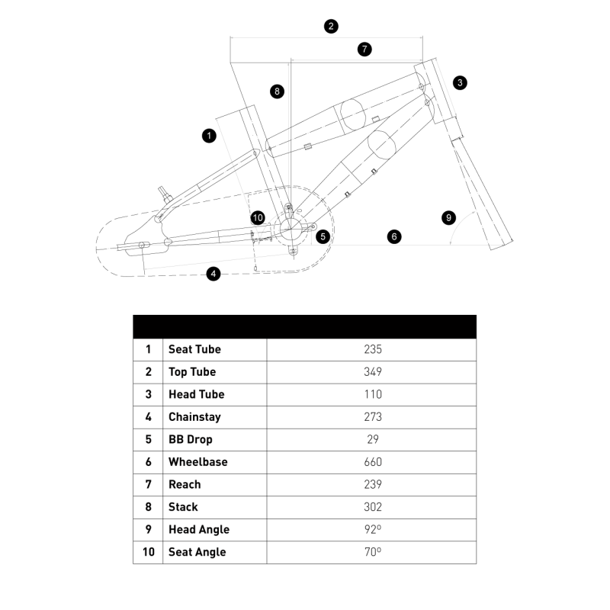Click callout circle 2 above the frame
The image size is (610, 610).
coord(330,26)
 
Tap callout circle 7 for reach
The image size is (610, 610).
coord(364,50)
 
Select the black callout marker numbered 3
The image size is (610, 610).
coord(460,82)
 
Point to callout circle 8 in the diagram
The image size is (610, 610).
coord(277,91)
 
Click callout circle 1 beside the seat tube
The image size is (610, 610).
coord(209,136)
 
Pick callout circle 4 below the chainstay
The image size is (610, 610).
coord(213,274)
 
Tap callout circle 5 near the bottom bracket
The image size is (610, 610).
coord(323,236)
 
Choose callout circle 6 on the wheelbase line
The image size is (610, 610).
coord(394,236)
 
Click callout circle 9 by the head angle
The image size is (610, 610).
coord(448,218)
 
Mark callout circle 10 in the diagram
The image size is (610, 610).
coord(257,218)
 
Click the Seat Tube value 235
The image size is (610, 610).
coord(372,349)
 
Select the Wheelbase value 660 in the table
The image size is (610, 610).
coord(372,462)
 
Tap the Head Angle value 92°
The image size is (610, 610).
coord(372,530)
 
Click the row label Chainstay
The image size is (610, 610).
coord(194,417)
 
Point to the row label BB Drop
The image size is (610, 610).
coord(191,439)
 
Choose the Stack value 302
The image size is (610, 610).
coord(372,507)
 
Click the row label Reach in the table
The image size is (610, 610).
coord(185,484)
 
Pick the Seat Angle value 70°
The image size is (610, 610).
coord(372,552)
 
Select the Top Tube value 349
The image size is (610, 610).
coord(372,372)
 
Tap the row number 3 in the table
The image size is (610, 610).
coord(148,394)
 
